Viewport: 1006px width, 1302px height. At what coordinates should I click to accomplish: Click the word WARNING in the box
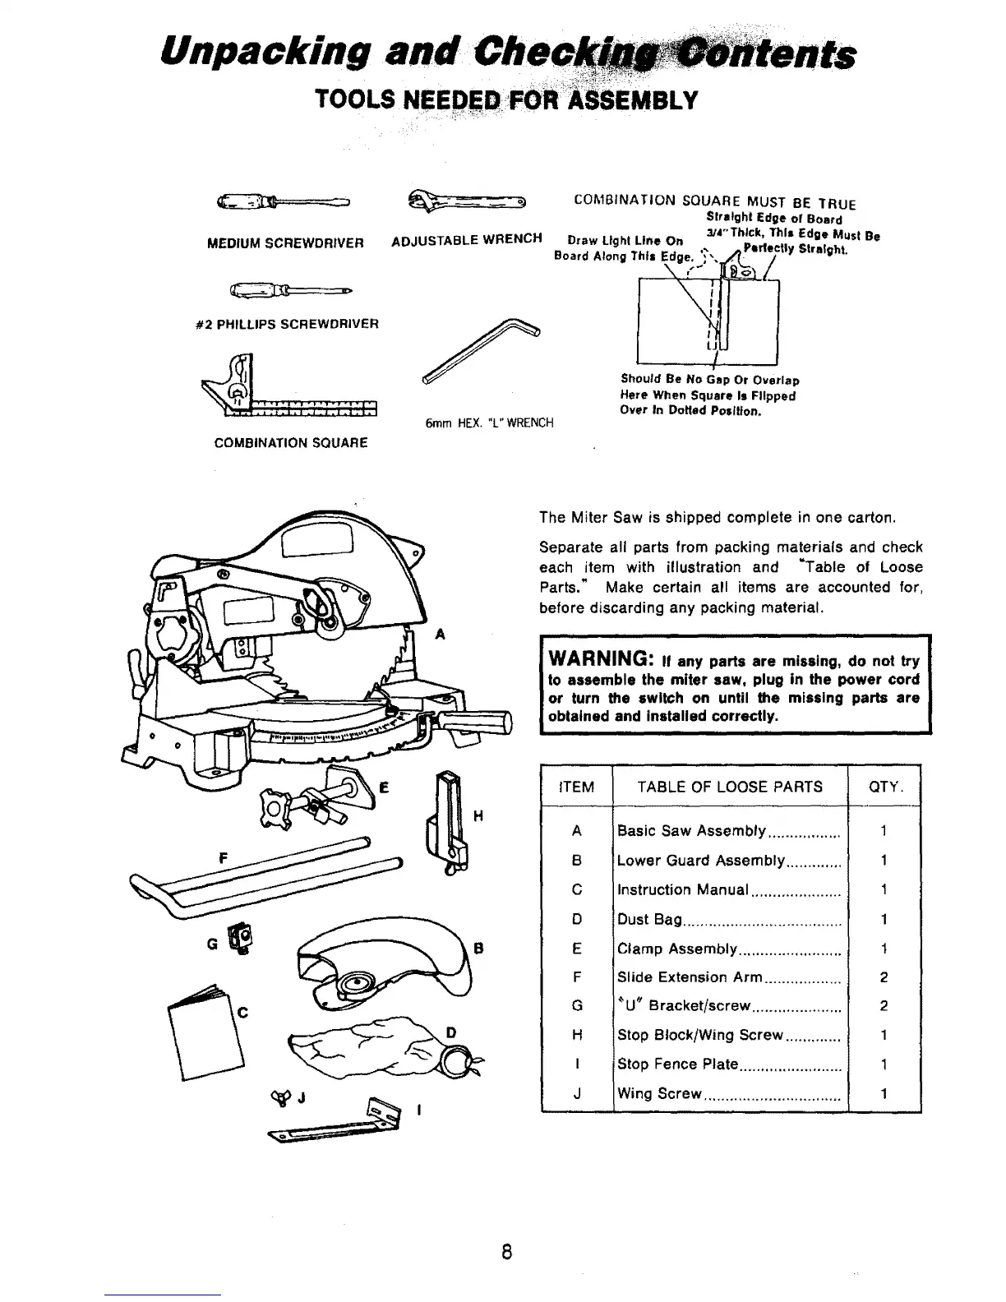pos(600,660)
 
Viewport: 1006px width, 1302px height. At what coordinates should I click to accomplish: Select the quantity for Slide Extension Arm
pos(884,977)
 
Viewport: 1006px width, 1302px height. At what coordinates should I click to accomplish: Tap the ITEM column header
pos(576,787)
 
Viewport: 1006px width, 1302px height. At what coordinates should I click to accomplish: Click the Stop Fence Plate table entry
pos(678,1064)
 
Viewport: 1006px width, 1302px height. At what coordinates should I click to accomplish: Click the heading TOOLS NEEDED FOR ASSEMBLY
pos(506,99)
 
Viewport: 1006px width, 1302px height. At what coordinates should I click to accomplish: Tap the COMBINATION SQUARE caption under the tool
pos(290,442)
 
